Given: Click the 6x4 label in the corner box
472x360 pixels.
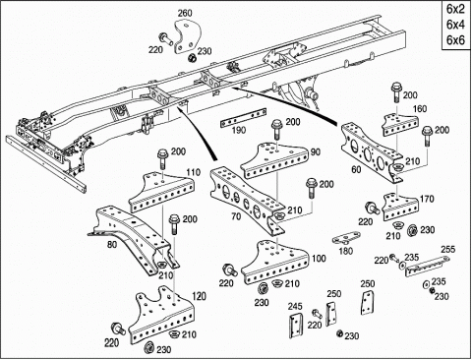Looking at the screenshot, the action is (455, 25).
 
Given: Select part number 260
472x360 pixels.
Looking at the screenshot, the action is (185, 14).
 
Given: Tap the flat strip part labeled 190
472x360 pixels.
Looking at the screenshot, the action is (243, 118).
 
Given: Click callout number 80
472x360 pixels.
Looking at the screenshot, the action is (112, 245).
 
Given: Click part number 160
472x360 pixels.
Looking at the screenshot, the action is (420, 108).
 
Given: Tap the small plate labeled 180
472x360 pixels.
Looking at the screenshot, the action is (346, 238).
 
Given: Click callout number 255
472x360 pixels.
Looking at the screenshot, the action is (447, 249).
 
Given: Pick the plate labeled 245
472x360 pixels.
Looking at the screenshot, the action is (296, 327).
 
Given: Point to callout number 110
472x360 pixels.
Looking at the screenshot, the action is (194, 172).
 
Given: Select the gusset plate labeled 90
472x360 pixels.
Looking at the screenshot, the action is (274, 161).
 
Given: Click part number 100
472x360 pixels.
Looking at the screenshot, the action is (319, 259).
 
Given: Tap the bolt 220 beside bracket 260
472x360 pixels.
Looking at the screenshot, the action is (167, 38).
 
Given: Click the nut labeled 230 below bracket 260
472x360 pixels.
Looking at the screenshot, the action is (192, 58).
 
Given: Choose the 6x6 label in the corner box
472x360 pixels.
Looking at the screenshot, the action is (455, 39).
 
